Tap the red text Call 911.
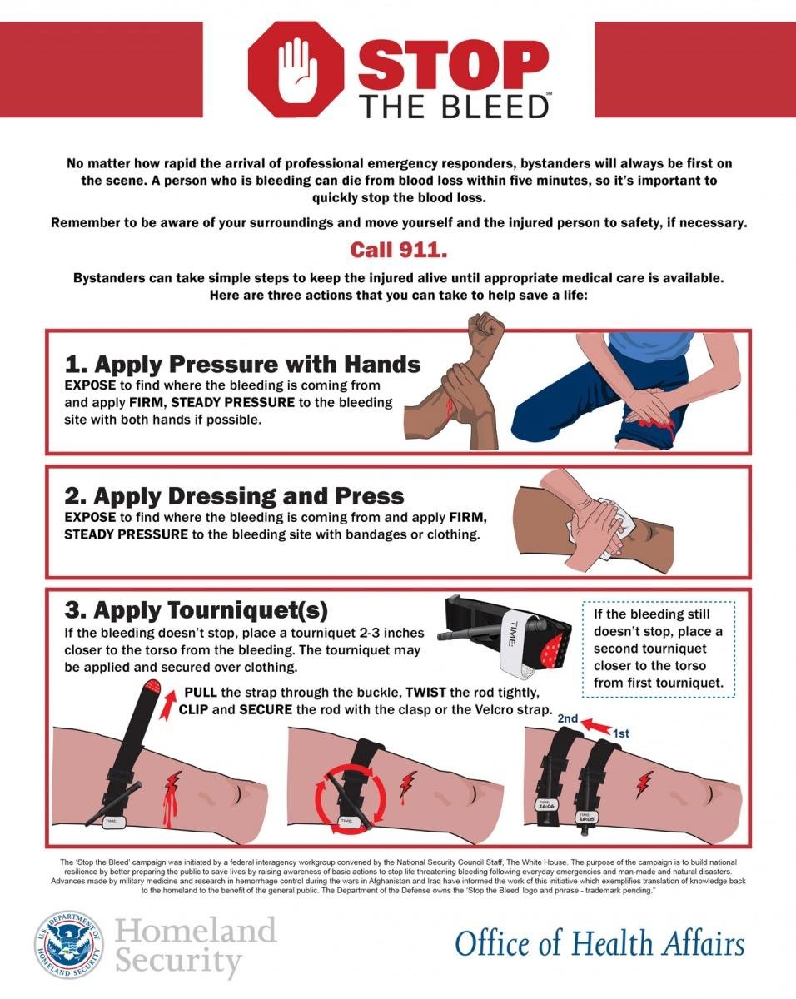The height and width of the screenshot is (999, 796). (x=397, y=250)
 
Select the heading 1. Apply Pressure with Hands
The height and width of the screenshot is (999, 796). (x=242, y=364)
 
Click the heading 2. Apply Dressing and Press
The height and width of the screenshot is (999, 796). (x=234, y=496)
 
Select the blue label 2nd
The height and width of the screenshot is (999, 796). (x=569, y=718)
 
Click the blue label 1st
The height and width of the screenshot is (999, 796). (x=621, y=734)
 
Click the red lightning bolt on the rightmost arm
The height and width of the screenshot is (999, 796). (x=645, y=783)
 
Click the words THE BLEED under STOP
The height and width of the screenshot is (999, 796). (x=453, y=106)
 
